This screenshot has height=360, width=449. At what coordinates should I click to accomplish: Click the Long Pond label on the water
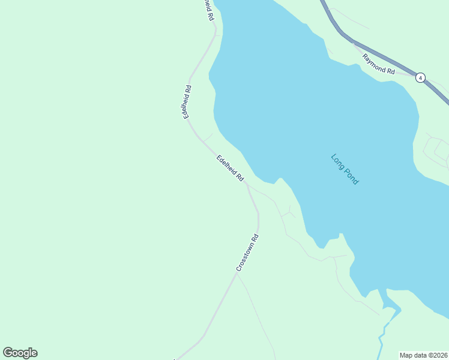coord(345,169)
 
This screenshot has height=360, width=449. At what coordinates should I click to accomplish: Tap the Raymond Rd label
coord(378,64)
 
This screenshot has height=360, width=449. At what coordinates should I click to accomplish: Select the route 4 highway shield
coord(421,77)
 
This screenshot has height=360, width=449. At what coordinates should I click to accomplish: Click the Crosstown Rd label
coord(247,253)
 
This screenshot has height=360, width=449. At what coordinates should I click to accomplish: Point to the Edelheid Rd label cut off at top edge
coord(208,9)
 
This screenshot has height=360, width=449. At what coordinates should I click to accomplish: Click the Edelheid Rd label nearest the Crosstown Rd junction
coord(230,169)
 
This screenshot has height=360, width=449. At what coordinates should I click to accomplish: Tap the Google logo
coord(20,353)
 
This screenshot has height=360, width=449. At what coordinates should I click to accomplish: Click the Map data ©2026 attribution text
coord(424,355)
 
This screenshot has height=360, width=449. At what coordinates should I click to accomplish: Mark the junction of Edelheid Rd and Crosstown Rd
coord(247,185)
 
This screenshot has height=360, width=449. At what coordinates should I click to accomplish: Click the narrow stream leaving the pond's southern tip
coord(382,336)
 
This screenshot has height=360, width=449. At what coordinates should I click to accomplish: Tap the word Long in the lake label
coord(337,161)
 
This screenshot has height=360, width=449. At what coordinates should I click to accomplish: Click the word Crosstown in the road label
coord(245,257)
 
